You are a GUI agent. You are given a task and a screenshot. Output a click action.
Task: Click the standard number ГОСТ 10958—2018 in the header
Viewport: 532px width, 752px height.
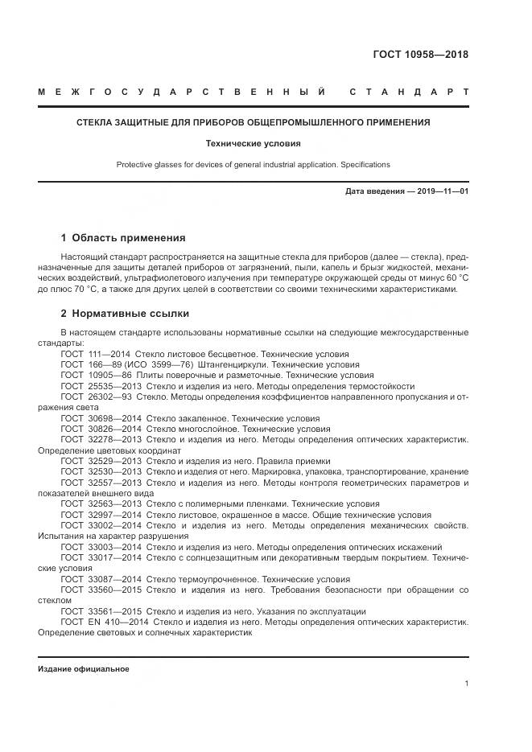(420, 55)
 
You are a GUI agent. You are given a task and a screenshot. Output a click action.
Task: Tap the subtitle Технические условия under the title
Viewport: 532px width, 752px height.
(253, 143)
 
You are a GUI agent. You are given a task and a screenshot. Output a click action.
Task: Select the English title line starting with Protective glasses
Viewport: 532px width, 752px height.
(253, 164)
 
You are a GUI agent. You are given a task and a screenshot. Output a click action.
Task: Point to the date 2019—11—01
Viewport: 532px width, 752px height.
(441, 191)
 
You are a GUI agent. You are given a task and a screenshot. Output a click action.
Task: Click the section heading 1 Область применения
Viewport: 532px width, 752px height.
(123, 238)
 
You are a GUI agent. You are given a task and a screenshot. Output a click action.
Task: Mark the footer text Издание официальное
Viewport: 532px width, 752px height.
(83, 669)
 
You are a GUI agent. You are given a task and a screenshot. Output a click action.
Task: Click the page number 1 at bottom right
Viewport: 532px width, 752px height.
(466, 683)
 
